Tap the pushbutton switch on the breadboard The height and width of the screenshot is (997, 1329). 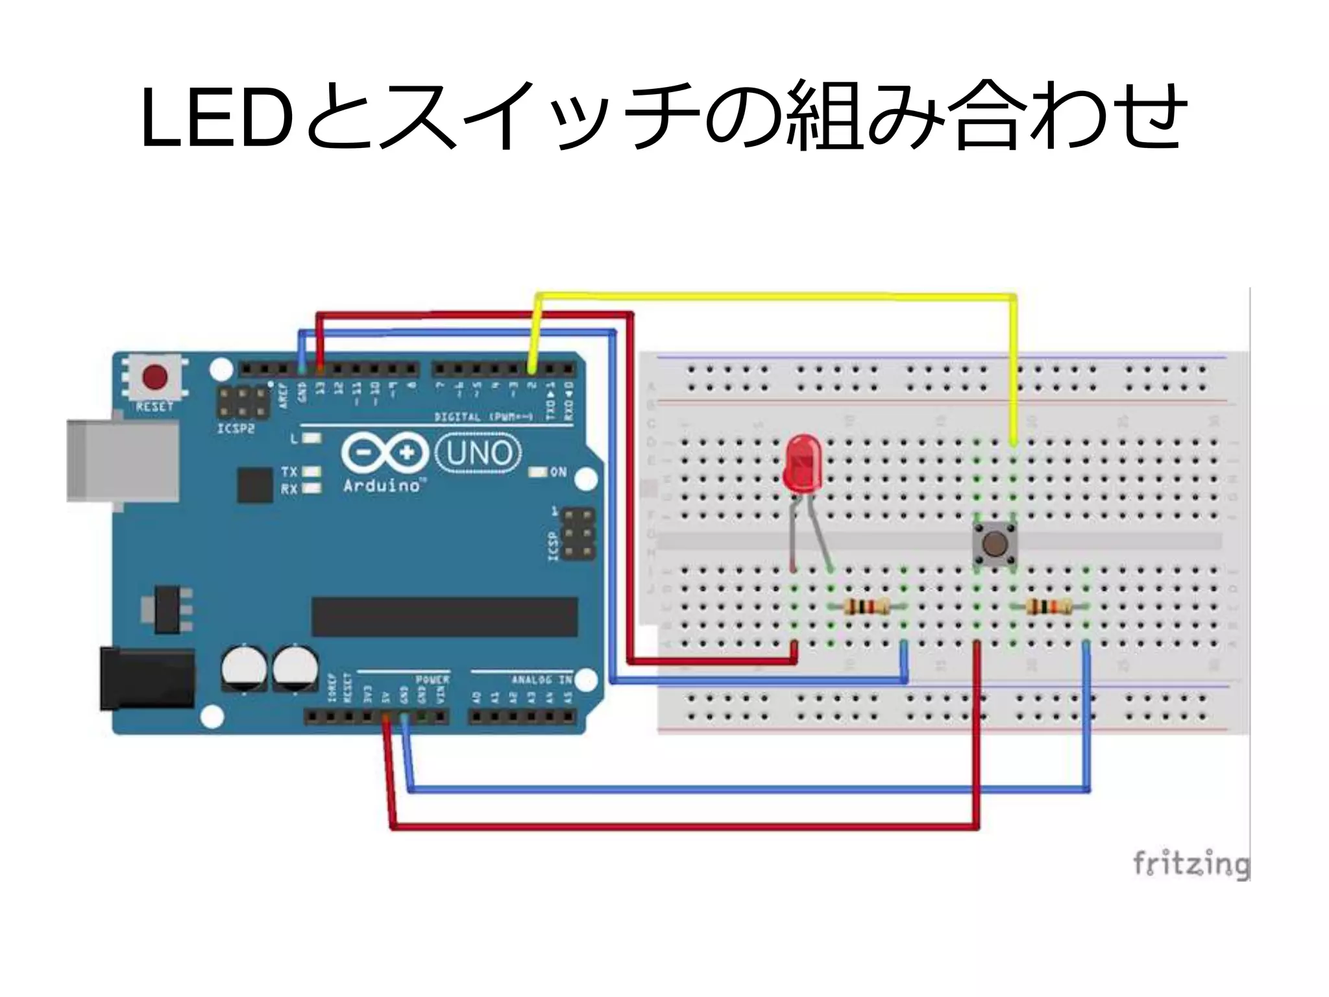tap(993, 545)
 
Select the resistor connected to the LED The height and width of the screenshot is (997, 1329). tap(866, 608)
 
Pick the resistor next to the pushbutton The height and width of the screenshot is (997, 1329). tap(1049, 608)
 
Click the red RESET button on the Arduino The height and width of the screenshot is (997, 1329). tap(154, 377)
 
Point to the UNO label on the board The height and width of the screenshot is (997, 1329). tap(479, 453)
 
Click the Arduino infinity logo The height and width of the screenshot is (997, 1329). tap(384, 452)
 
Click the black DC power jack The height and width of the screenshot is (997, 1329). tap(147, 678)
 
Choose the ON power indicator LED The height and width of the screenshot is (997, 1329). tap(538, 472)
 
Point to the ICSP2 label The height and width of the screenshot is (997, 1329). tap(236, 429)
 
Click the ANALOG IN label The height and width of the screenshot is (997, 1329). tap(541, 680)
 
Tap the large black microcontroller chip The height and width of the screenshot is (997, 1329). tap(445, 617)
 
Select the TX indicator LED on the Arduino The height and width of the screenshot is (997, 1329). tap(311, 471)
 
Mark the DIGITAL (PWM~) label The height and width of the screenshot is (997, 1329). tap(483, 417)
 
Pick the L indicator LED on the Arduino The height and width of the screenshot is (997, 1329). tap(312, 438)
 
